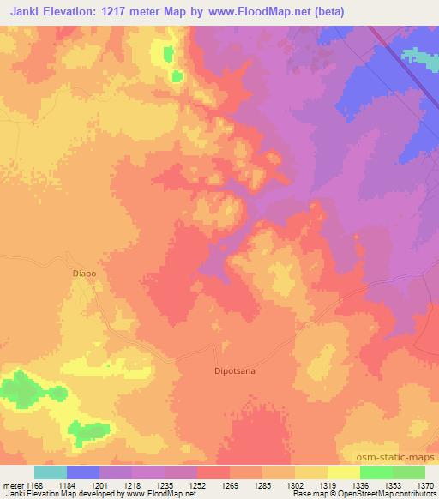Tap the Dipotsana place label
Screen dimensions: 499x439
coord(235,371)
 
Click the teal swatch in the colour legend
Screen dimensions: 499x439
coord(51,472)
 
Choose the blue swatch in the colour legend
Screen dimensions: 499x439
coord(83,472)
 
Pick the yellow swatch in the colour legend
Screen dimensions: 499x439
coord(343,472)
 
